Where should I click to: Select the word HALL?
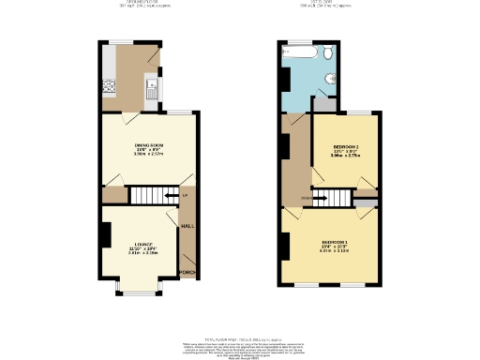coord(187,226)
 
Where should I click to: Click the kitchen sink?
coord(150,90)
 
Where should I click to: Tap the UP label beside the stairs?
coord(185,195)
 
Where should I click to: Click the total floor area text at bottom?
coord(240,340)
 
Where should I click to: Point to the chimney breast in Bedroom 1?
coord(282,246)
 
